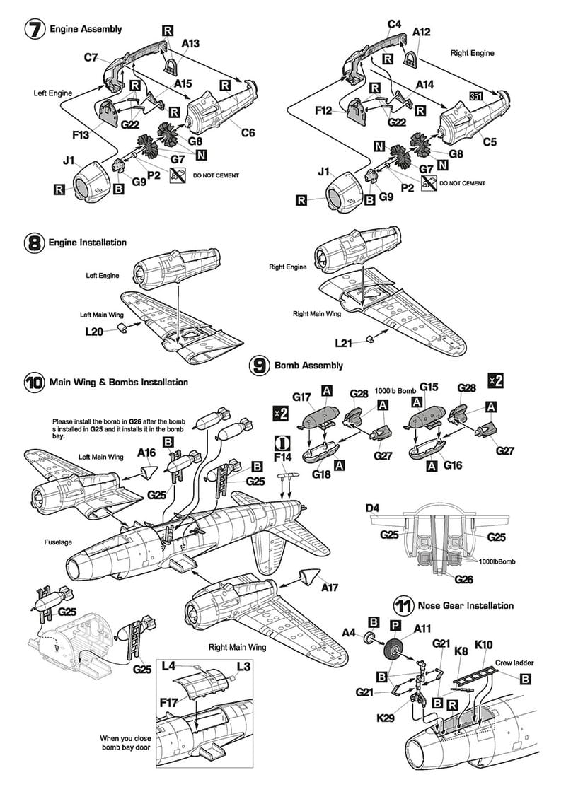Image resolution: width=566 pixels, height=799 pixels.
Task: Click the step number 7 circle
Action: point(35,30)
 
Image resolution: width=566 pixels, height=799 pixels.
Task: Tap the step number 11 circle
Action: point(403,606)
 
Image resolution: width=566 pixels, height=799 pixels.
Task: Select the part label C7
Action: point(91,57)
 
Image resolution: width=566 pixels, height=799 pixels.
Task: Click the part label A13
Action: point(190,44)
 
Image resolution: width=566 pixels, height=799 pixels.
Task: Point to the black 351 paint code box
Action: point(475,95)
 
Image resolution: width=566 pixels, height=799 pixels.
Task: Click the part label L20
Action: point(94,332)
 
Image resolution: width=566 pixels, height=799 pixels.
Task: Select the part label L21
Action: point(343,343)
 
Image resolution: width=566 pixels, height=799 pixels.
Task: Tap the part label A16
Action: point(146,452)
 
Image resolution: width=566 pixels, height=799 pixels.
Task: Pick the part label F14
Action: point(282,457)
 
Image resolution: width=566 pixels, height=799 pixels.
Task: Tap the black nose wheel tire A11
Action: point(394,648)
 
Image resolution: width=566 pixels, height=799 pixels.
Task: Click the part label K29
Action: point(386,718)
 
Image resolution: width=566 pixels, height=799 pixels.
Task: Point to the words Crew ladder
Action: point(514,663)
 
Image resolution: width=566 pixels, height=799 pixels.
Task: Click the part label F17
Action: point(169,703)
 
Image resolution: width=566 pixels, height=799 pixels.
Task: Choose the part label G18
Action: point(321,474)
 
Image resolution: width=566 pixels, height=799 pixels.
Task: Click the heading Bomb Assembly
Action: point(308,366)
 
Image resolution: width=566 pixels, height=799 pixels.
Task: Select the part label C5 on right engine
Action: point(490,141)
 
